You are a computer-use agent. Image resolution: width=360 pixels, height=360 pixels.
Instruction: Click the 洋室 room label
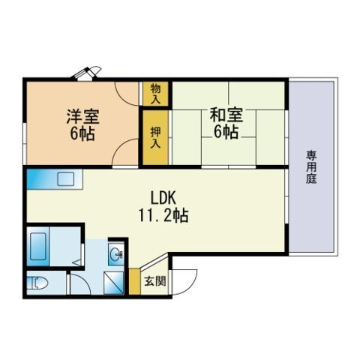click(x=82, y=116)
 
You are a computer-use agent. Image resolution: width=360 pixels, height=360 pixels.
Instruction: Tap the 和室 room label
click(x=226, y=115)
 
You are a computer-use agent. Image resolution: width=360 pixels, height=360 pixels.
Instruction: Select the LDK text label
click(x=163, y=197)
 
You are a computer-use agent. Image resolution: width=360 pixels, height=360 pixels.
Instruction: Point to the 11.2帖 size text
click(x=163, y=215)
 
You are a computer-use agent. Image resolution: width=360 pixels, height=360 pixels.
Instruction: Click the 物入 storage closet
click(x=155, y=94)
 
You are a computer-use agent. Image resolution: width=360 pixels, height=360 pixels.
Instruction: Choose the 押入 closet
click(x=155, y=137)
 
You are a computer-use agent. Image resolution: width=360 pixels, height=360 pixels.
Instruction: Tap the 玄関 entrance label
click(x=155, y=281)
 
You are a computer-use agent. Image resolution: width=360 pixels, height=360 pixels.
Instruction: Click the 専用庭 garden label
click(x=311, y=166)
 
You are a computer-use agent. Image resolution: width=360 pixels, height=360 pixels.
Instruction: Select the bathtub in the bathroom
click(x=38, y=246)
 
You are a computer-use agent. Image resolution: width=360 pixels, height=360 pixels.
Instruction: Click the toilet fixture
click(x=37, y=283)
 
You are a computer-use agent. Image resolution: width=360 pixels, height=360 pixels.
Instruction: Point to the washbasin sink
click(x=116, y=254)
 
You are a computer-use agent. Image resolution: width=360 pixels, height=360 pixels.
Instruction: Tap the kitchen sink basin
click(x=66, y=179)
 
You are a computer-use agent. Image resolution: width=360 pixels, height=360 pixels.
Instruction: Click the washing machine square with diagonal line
click(x=114, y=283)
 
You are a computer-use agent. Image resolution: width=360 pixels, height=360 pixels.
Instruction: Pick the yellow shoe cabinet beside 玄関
click(x=134, y=281)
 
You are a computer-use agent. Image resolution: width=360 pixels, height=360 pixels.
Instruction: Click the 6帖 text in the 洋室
click(x=82, y=133)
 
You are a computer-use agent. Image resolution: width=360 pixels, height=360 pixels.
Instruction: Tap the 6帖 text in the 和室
click(x=226, y=132)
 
